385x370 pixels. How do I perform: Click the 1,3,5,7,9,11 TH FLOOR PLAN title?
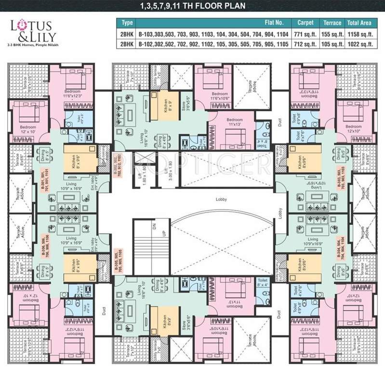tap(192, 6)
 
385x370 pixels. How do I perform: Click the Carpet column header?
tap(305, 23)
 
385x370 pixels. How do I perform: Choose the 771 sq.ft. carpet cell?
tap(305, 33)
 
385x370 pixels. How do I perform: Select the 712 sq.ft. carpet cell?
tap(305, 44)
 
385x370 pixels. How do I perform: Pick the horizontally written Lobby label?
tap(222, 198)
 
